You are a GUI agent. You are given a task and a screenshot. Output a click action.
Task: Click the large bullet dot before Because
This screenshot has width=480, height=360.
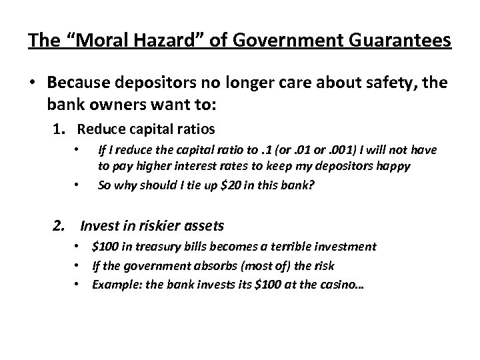(33, 83)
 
